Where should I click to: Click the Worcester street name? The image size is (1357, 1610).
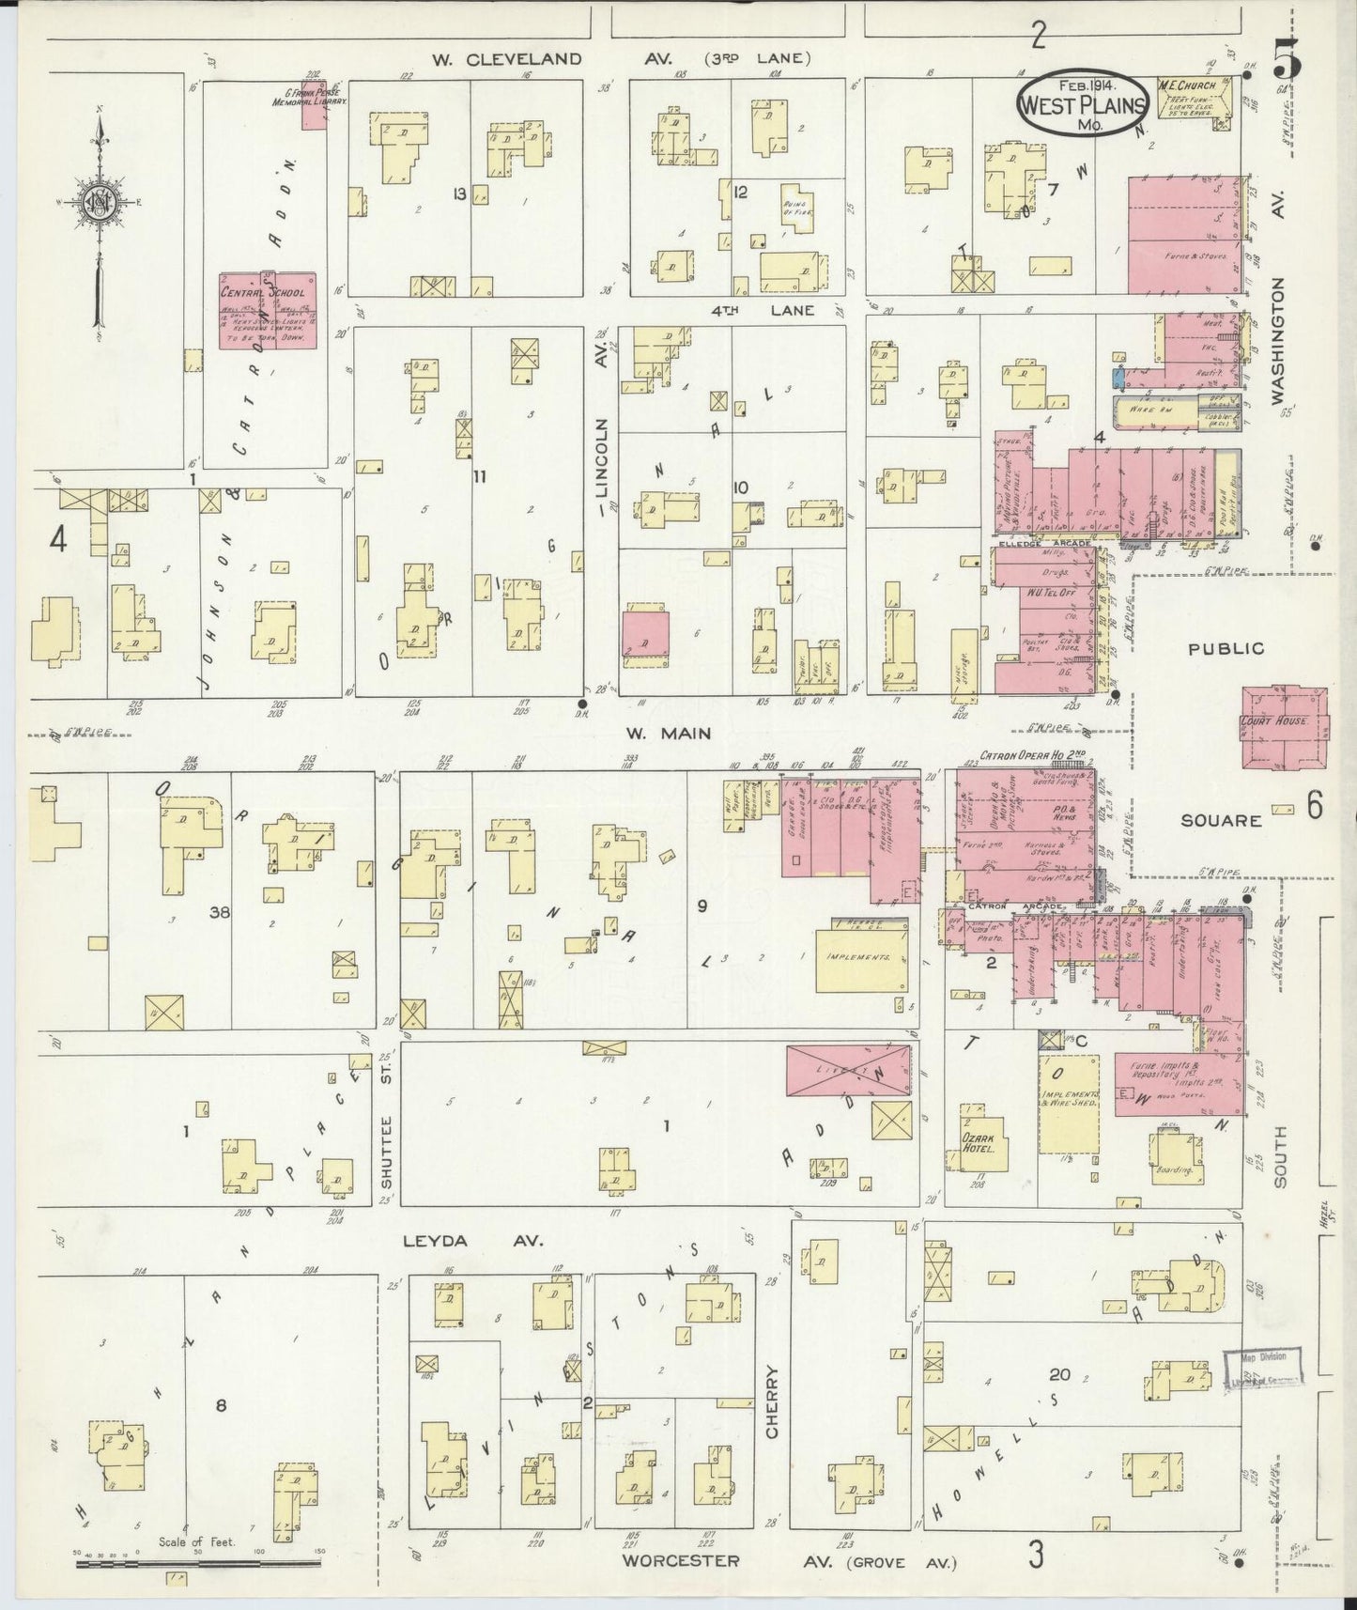pos(679,1561)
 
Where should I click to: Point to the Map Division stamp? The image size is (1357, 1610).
pos(1265,1367)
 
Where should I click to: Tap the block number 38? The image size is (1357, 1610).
pos(221,911)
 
